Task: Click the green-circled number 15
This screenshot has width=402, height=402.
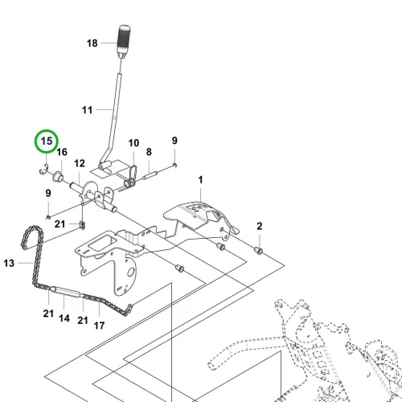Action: coord(47,141)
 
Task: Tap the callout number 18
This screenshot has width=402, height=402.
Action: coord(92,43)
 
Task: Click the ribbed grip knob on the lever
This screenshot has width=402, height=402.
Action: coord(124,40)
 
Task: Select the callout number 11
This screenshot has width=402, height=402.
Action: coord(87,110)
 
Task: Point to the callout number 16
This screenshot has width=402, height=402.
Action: coord(62,152)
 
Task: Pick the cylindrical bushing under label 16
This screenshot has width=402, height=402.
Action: coord(58,177)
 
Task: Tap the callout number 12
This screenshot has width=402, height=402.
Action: coord(80,163)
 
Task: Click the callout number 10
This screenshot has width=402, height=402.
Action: coord(133,143)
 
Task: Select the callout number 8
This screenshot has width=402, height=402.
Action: coord(149,152)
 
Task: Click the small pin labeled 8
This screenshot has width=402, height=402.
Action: coord(150,175)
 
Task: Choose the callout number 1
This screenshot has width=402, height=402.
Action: coord(200,180)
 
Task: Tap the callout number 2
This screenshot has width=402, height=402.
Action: coord(260,226)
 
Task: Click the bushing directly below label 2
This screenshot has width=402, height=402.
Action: coord(259,251)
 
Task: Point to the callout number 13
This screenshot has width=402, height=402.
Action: coord(9,263)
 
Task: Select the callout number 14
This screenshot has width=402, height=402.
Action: coord(64,318)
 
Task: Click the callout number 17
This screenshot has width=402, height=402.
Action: coord(99,326)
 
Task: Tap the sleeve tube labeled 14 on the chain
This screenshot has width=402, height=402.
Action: coord(67,292)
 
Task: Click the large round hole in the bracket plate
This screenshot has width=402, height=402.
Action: coord(130,273)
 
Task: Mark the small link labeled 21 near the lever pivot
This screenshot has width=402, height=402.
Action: coord(83,225)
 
